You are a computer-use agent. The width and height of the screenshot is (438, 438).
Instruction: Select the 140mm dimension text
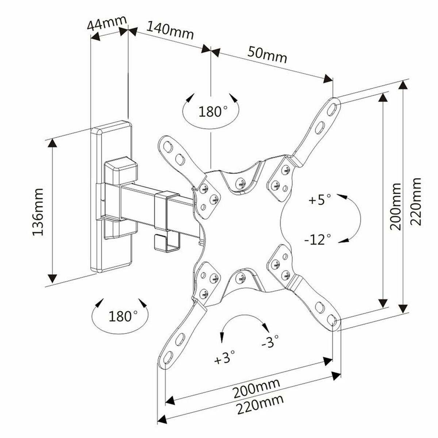coord(170,31)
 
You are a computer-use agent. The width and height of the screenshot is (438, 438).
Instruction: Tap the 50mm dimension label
coord(268,54)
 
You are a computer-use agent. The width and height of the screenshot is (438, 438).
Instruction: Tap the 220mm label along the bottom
coord(260,403)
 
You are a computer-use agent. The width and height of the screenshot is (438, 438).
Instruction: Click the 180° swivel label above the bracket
coord(211,111)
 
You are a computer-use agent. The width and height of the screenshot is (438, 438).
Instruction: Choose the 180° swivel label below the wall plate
coord(121,315)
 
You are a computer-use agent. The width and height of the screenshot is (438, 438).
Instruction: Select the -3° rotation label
coord(270,342)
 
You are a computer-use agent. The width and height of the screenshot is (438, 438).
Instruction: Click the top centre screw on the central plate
coord(240,182)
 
